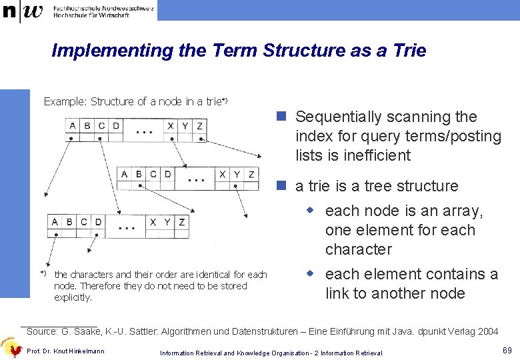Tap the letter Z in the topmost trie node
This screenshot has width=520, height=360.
coord(199,126)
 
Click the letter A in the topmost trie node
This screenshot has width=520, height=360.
coord(71,126)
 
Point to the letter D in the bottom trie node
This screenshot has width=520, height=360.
coord(98,222)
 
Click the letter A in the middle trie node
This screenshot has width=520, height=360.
coord(125,174)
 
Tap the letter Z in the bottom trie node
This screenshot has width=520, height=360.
coord(182,222)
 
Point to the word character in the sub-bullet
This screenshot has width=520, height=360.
coord(358,250)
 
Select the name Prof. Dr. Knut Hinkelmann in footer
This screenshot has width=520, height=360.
coord(65,351)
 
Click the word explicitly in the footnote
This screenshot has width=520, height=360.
coord(73,297)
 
